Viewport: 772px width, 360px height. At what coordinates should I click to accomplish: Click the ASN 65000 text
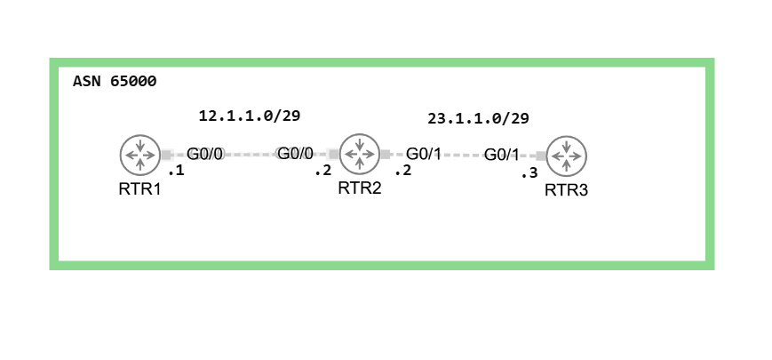pos(115,82)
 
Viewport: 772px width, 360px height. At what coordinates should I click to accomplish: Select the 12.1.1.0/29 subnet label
pos(250,116)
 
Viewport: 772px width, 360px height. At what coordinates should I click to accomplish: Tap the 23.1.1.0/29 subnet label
pos(478,118)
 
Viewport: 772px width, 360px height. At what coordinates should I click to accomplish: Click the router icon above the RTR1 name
pos(139,155)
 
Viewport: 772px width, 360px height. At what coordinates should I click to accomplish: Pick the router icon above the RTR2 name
pos(360,154)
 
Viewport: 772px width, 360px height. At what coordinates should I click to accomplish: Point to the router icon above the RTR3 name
pos(567,156)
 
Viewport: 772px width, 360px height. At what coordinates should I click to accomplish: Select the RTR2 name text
pos(360,188)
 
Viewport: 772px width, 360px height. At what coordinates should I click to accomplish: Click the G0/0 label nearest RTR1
pos(204,154)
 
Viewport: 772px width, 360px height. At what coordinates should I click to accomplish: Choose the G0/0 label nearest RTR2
pos(296,154)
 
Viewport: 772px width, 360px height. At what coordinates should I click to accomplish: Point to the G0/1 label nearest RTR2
pos(424,154)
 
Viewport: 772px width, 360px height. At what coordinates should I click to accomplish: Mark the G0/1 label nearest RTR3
pos(501,155)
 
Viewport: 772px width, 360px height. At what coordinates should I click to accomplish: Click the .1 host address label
pos(176,171)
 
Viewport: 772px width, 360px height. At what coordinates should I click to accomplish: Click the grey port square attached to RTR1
pos(166,155)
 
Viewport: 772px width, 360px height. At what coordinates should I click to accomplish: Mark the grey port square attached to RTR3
pos(540,156)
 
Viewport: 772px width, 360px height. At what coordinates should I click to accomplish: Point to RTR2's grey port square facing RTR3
pos(386,154)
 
